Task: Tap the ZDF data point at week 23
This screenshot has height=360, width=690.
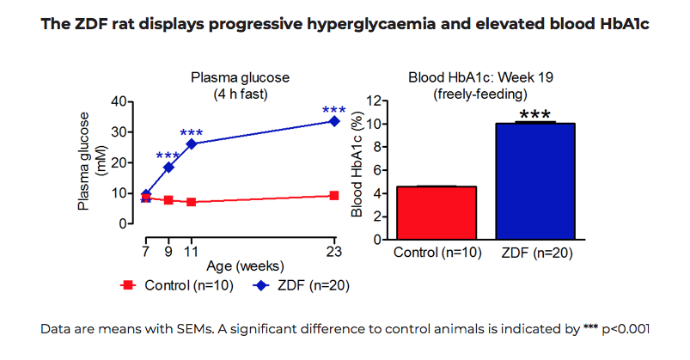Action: coord(334,121)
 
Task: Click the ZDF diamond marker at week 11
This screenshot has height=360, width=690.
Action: coord(192,143)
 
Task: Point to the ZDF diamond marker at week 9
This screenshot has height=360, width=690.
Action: coord(168,167)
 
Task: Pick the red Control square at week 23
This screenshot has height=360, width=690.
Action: coord(334,196)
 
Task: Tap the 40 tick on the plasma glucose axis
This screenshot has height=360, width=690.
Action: coord(121,101)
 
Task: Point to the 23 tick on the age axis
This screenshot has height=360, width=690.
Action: coord(334,251)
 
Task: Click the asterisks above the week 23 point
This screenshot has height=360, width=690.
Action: coord(334,110)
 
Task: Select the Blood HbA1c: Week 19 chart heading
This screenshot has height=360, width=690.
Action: coord(480,77)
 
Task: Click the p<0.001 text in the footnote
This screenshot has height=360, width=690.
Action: coord(624,329)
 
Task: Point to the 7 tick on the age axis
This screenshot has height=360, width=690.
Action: coord(146,251)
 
